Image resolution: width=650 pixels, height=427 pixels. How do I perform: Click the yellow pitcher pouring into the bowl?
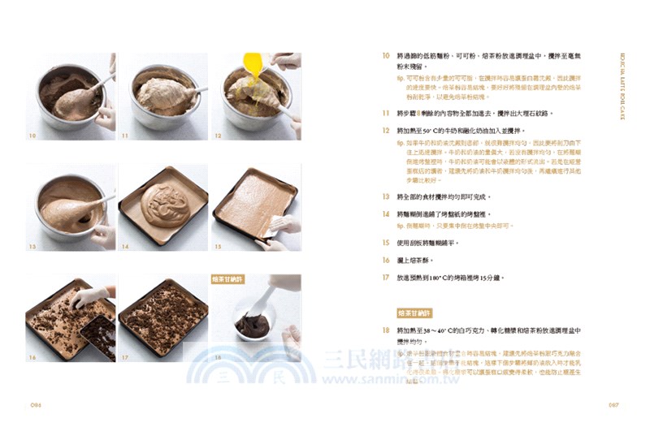pos(253,64)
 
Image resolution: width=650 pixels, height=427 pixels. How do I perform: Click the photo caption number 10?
pos(32,136)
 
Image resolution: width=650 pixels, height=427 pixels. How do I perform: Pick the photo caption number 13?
pos(32,246)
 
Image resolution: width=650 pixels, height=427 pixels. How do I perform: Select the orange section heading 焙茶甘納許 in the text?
pos(415,313)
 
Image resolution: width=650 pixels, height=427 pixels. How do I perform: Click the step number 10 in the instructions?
pos(386,56)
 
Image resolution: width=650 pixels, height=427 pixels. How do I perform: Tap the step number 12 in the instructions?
pos(386,130)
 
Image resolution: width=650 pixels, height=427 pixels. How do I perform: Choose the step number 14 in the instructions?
pos(386,213)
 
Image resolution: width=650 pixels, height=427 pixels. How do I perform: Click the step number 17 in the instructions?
pos(386,277)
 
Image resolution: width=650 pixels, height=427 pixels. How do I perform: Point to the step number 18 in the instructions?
pos(386,330)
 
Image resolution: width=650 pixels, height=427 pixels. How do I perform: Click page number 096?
pos(35,405)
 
